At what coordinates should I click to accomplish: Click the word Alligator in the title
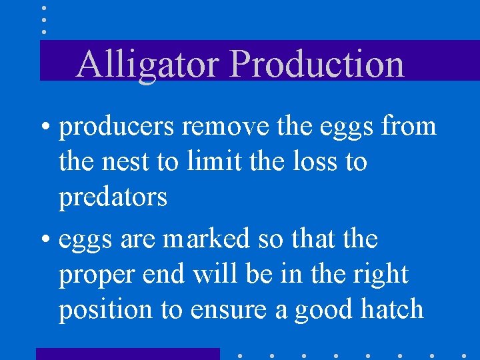coord(149,65)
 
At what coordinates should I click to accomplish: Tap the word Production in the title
coord(317,65)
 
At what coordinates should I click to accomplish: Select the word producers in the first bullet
coord(117,126)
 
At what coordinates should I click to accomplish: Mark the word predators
coord(113,197)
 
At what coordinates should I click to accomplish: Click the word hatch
coord(393,309)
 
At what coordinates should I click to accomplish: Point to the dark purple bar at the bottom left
coord(127,353)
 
